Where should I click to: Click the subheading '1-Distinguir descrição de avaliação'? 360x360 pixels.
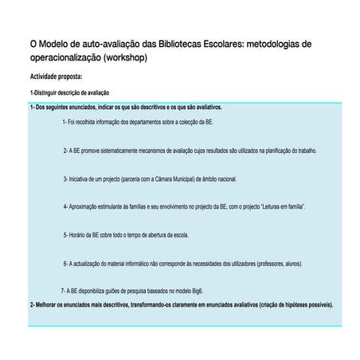(69, 93)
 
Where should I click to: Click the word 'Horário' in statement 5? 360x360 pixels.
(80, 235)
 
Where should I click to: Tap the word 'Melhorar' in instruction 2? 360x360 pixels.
(48, 304)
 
